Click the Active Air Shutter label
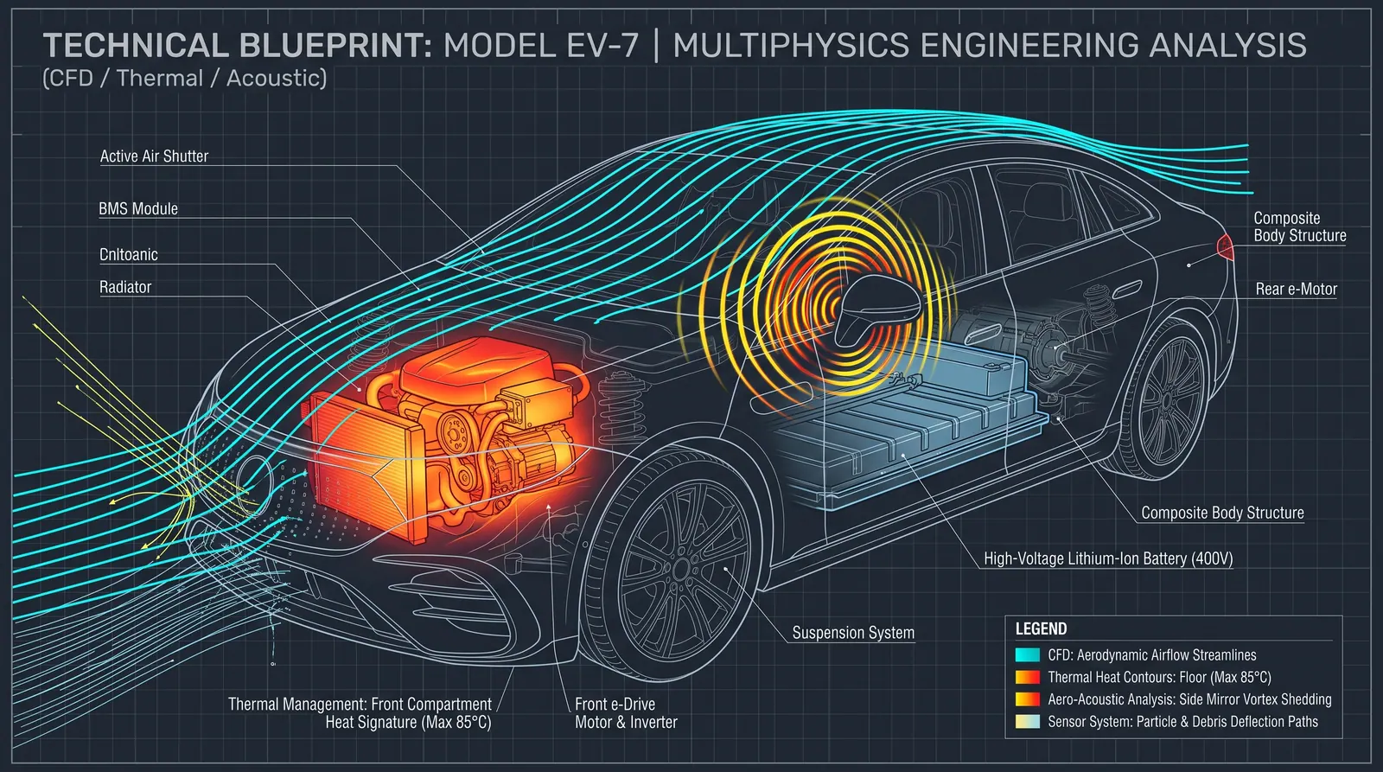pyautogui.click(x=155, y=156)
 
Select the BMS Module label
pyautogui.click(x=138, y=208)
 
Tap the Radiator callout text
pyautogui.click(x=125, y=287)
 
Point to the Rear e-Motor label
pyautogui.click(x=1296, y=289)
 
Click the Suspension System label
pyautogui.click(x=853, y=633)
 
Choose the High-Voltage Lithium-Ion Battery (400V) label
pyautogui.click(x=1108, y=559)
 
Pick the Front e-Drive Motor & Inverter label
pyautogui.click(x=626, y=713)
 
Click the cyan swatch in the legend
pyautogui.click(x=1028, y=654)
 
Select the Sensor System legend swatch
pyautogui.click(x=1028, y=721)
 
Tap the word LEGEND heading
pyautogui.click(x=1041, y=629)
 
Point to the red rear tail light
pyautogui.click(x=1225, y=247)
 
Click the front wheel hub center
pyautogui.click(x=681, y=569)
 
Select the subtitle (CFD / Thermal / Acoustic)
pyautogui.click(x=185, y=79)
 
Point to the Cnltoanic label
pyautogui.click(x=129, y=254)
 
